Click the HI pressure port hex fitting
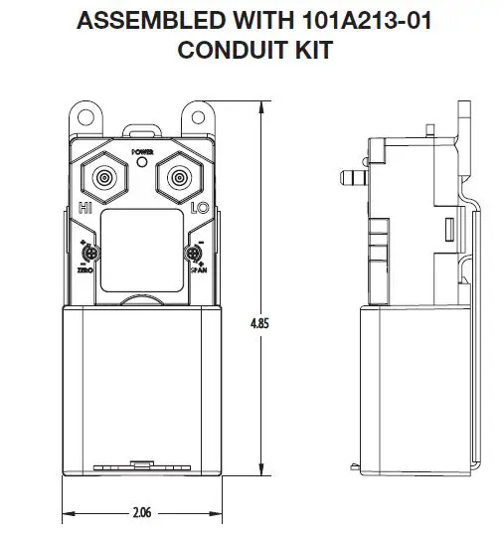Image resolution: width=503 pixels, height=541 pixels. click(x=102, y=179)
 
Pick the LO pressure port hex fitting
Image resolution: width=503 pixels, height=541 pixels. click(x=179, y=179)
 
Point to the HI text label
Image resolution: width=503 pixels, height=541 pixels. click(x=86, y=209)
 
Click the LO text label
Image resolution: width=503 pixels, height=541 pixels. click(x=198, y=209)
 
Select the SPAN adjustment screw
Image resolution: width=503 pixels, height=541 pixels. click(x=195, y=254)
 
